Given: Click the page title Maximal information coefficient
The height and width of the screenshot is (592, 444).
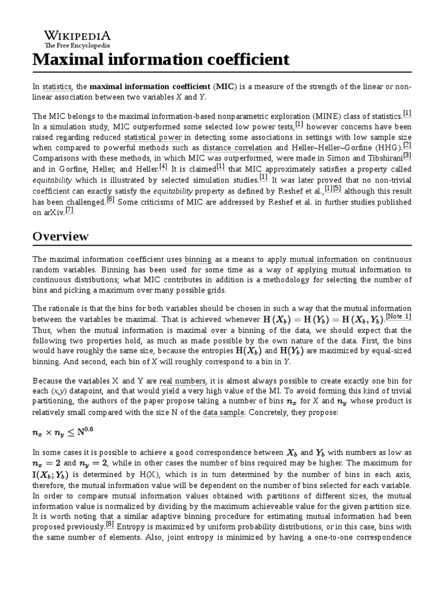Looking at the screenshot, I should pyautogui.click(x=161, y=59).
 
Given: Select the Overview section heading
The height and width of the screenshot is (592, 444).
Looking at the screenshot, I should pyautogui.click(x=61, y=236).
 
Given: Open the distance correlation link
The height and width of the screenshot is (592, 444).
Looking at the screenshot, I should pyautogui.click(x=237, y=147).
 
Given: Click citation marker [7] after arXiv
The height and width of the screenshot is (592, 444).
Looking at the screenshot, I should pyautogui.click(x=69, y=210).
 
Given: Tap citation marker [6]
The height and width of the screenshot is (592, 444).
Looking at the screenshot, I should pyautogui.click(x=111, y=199).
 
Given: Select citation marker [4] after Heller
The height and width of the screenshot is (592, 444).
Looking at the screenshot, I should pyautogui.click(x=163, y=166).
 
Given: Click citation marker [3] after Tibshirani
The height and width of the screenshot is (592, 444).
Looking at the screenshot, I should pyautogui.click(x=407, y=156).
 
